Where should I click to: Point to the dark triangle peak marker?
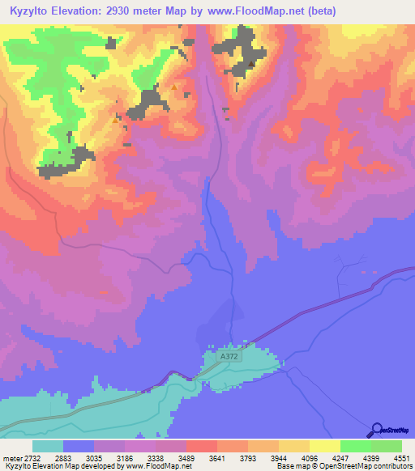click(x=252, y=65)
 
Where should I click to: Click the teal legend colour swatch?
click(x=48, y=446)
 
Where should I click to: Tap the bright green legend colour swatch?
click(x=355, y=446)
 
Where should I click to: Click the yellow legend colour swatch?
click(x=324, y=446)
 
